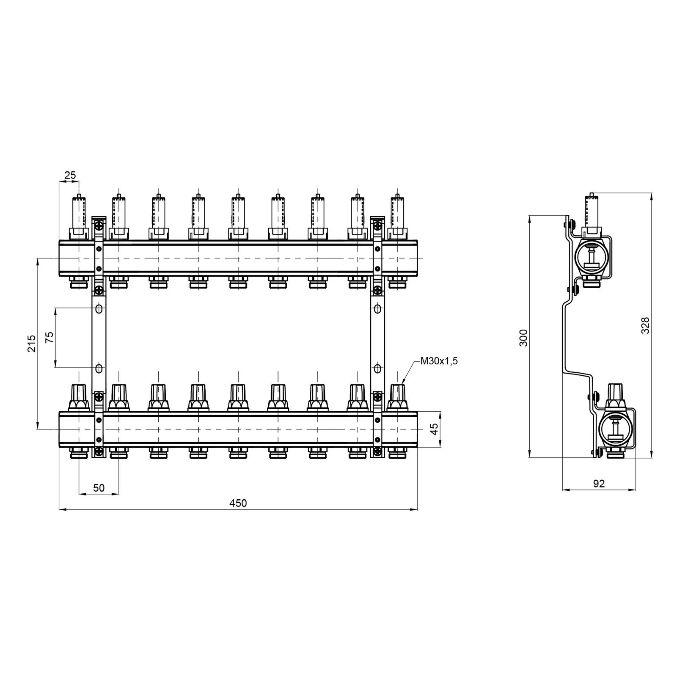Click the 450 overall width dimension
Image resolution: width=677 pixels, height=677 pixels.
[x=238, y=503]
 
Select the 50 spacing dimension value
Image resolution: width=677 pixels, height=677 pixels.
[x=99, y=488]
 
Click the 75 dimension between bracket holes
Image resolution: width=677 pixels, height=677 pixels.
[x=50, y=337]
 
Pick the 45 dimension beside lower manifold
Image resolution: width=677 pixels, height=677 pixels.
[x=433, y=429]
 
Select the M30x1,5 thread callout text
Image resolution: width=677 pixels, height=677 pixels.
[x=439, y=361]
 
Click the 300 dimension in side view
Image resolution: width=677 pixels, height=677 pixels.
[x=524, y=337]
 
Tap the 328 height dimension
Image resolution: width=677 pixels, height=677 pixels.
[x=645, y=326]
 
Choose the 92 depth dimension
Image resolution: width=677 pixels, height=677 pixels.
[x=599, y=484]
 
